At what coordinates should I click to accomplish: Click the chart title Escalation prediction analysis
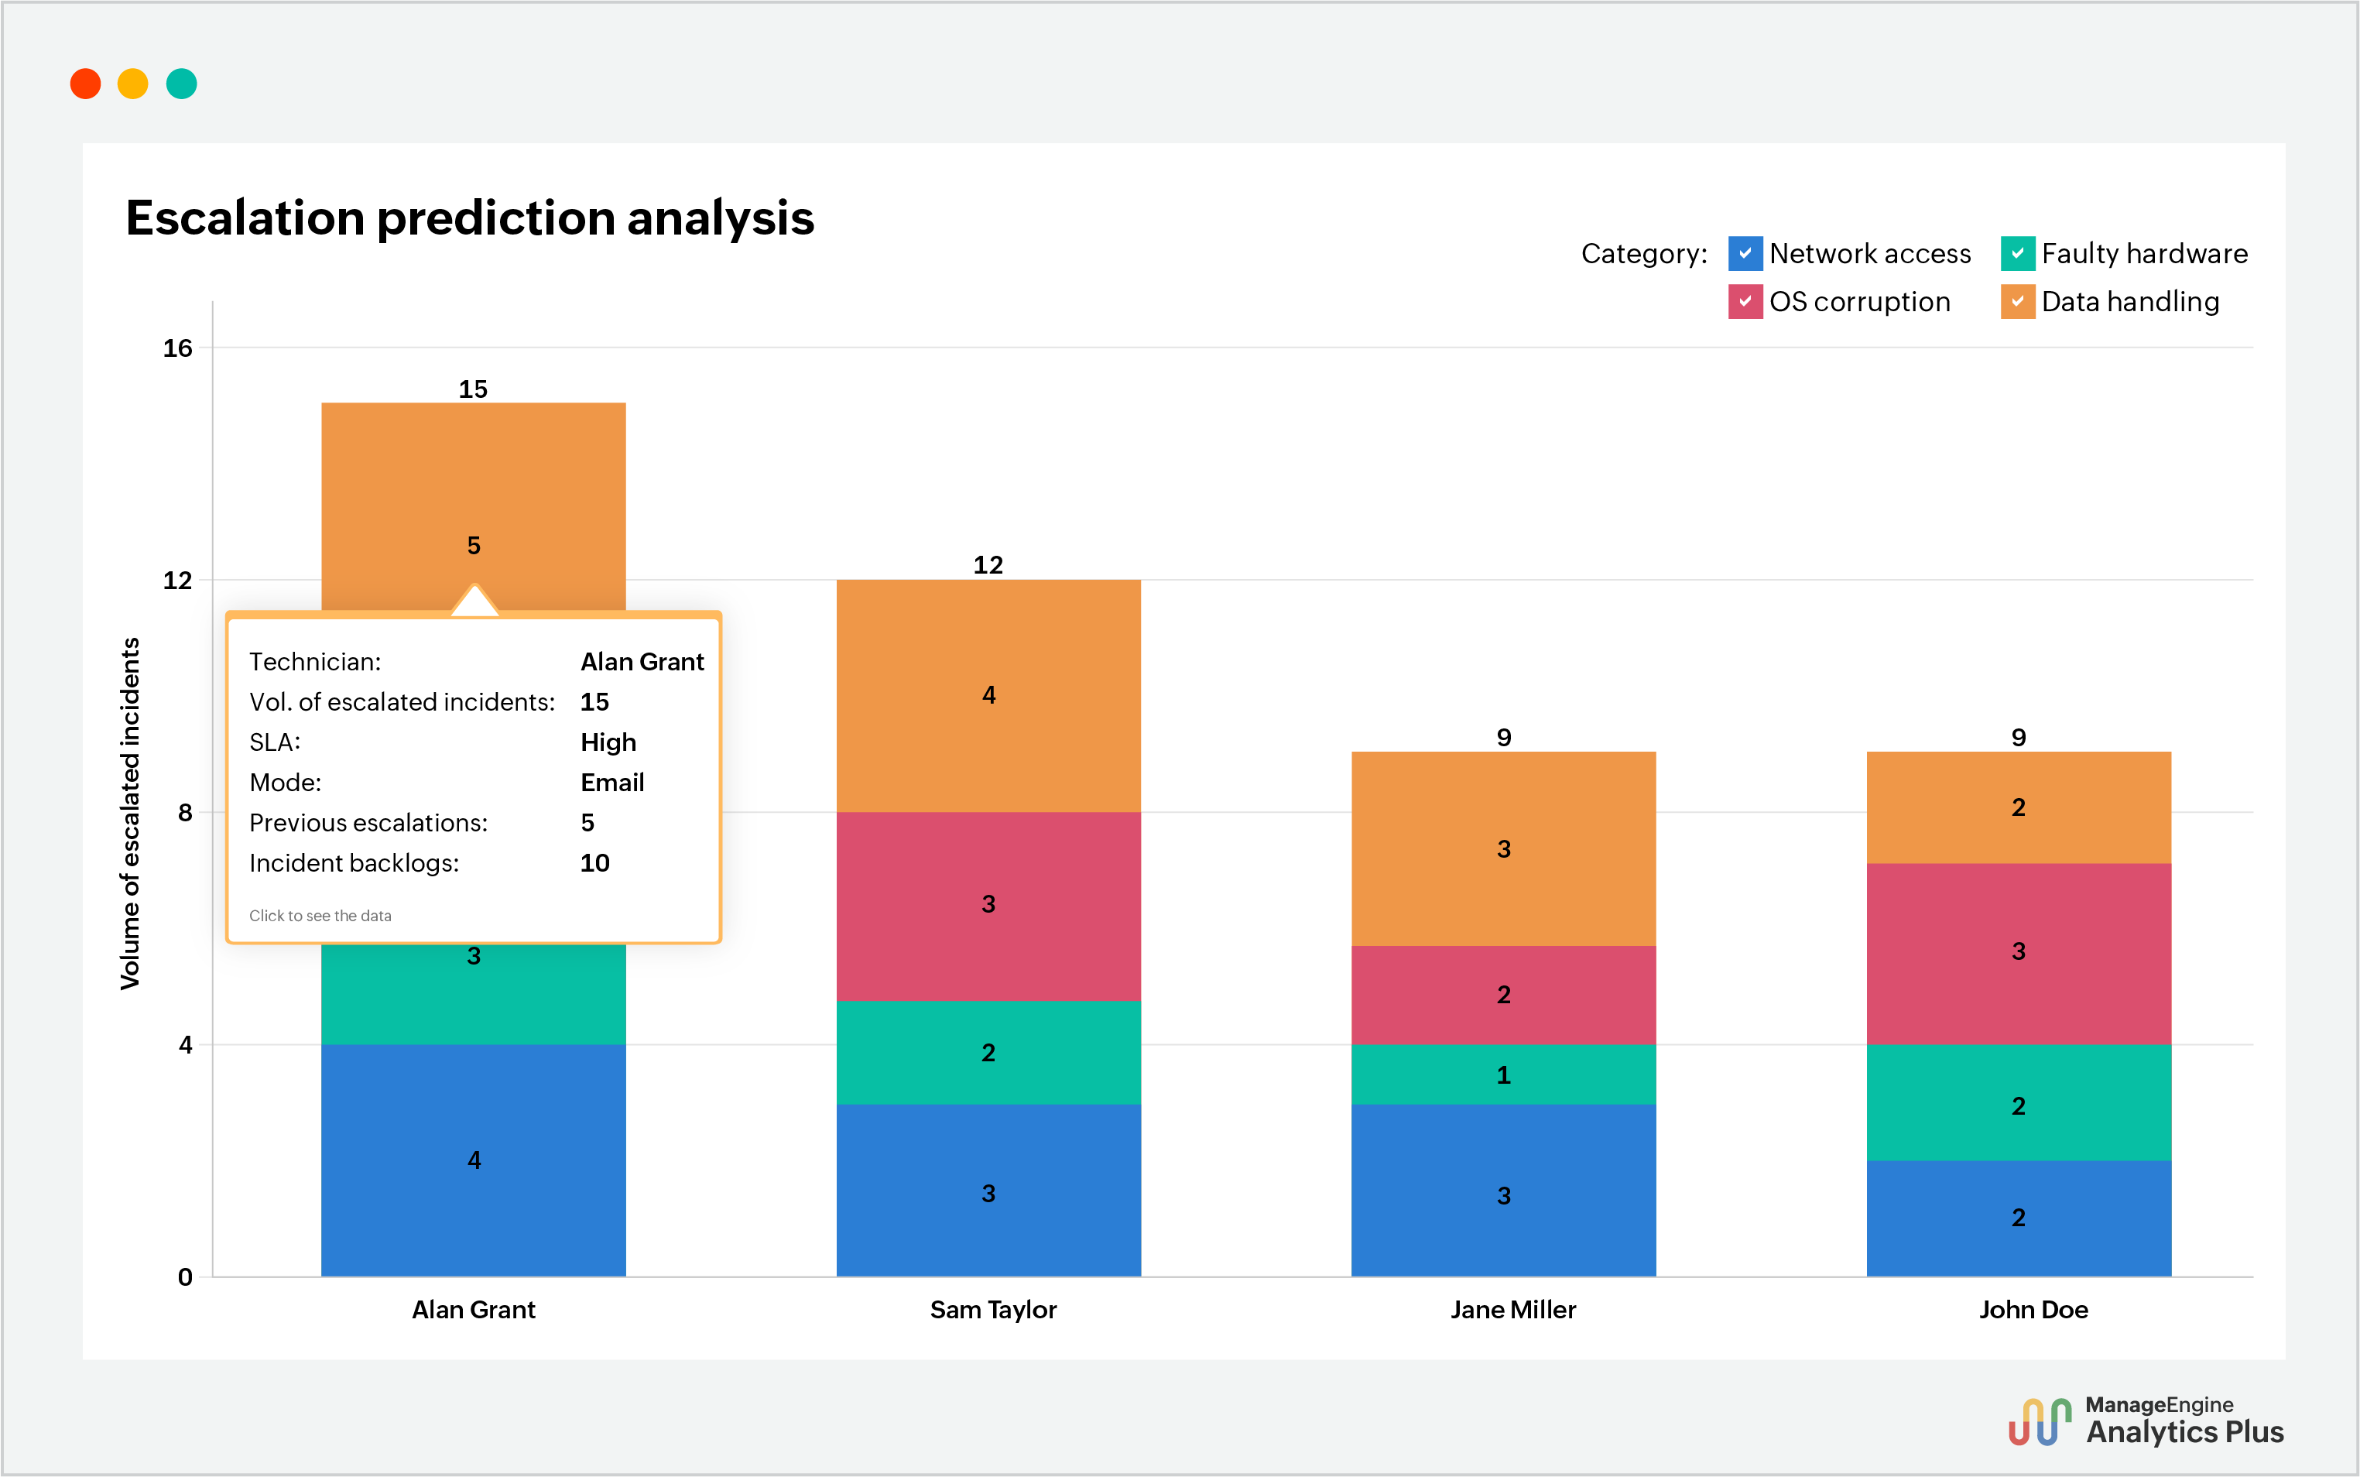click(469, 217)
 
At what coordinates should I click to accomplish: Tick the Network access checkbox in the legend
click(1745, 253)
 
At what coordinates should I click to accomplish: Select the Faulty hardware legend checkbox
click(2017, 253)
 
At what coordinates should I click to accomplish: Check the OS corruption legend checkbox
click(1745, 301)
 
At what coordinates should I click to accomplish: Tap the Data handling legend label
click(2129, 302)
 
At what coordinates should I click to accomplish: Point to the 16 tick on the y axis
click(178, 348)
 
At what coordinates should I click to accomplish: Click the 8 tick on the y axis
click(185, 813)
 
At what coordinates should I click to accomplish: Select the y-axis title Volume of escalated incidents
click(130, 813)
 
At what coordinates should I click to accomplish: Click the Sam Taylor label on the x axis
click(992, 1310)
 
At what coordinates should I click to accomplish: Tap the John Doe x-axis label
click(2033, 1310)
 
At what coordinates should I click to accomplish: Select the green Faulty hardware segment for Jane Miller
click(1503, 1074)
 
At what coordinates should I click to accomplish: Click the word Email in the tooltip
click(612, 783)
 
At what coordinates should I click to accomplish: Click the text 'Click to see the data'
click(320, 915)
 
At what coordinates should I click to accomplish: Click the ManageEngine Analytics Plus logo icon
click(2040, 1422)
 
